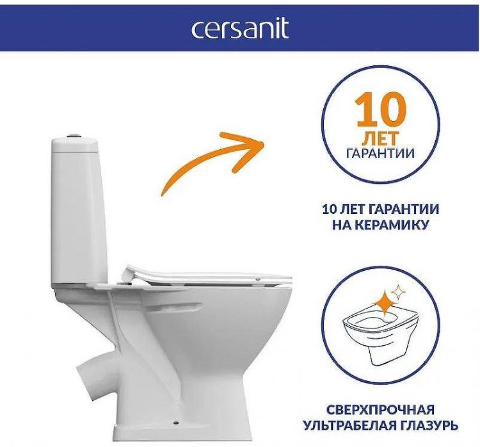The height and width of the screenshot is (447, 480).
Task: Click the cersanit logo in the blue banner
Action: coord(239,29)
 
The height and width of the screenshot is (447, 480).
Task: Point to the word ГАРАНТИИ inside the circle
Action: coord(380,154)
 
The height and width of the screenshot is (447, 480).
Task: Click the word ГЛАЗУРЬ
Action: coord(435,425)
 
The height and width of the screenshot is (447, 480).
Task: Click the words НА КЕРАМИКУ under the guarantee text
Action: coord(380,225)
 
